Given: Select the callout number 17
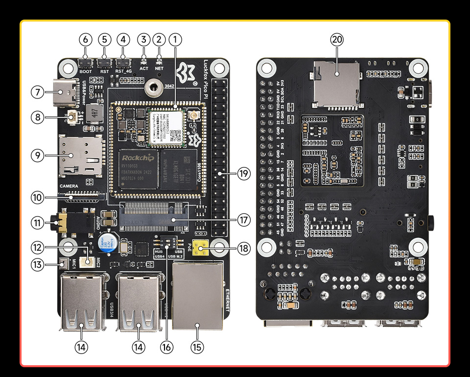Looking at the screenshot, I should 244,220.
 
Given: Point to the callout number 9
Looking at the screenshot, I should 38,155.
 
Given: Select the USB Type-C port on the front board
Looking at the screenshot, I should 66,92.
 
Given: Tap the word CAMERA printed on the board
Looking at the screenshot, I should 69,187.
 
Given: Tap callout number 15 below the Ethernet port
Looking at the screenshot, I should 197,347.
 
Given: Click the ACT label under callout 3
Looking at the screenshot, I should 143,69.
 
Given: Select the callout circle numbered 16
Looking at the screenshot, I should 167,347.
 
